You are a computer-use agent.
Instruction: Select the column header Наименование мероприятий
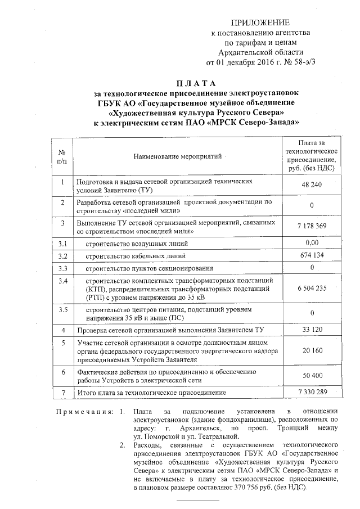[178, 155]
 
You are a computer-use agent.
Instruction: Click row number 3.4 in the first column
[63, 280]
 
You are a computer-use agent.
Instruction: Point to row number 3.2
[63, 256]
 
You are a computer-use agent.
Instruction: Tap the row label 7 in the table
[63, 391]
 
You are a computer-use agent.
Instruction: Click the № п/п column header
[62, 156]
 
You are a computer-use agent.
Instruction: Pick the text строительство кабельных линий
[133, 256]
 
